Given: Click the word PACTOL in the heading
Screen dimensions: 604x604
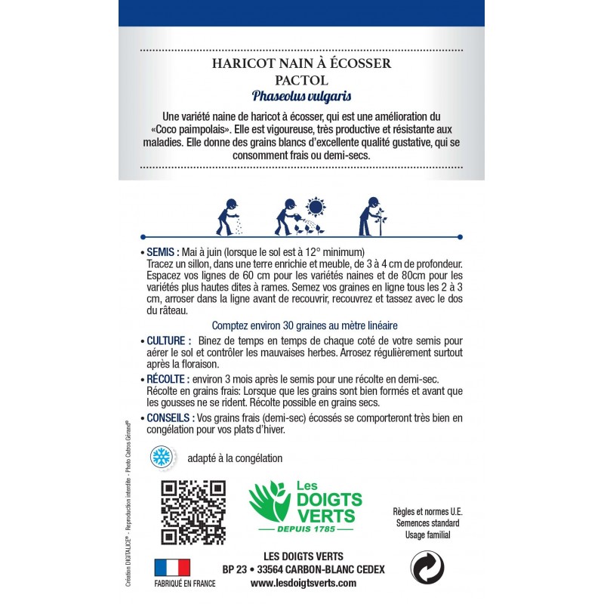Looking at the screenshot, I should pyautogui.click(x=301, y=80).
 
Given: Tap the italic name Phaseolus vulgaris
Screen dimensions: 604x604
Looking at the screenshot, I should pyautogui.click(x=301, y=97).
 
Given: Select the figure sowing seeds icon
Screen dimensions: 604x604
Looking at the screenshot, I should pyautogui.click(x=229, y=217).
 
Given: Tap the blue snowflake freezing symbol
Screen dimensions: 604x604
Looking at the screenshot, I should pyautogui.click(x=159, y=457).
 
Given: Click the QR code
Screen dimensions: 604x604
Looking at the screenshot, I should pyautogui.click(x=193, y=511).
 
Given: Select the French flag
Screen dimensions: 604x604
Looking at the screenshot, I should pyautogui.click(x=172, y=568).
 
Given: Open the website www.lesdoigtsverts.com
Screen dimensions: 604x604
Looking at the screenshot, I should pyautogui.click(x=303, y=584).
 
